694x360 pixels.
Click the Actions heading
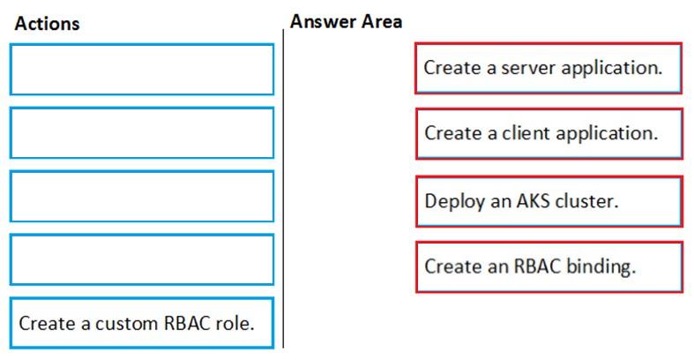coord(47,24)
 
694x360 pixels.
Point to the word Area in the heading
coord(382,21)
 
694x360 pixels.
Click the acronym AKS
coord(534,201)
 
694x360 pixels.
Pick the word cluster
coord(586,201)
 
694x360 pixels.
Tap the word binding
coord(601,266)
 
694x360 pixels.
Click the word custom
coord(127,323)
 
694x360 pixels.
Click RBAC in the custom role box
coord(186,323)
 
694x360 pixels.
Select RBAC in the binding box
coord(537,266)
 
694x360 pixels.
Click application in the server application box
coord(612,69)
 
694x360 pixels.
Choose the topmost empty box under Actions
coord(142,70)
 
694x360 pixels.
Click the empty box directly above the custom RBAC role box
coord(142,259)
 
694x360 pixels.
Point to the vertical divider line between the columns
coord(283,188)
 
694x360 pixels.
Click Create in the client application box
coord(453,133)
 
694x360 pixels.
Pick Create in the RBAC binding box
coord(453,266)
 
